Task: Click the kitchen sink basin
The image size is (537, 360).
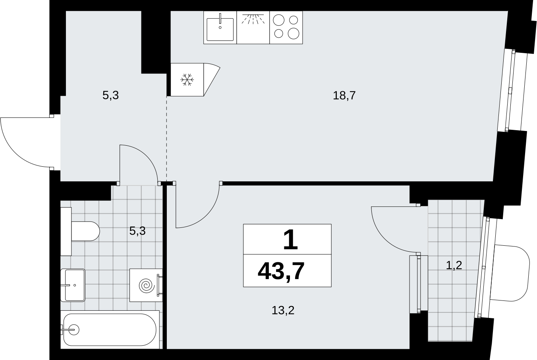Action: pos(220,29)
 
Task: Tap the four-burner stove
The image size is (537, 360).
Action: pos(286,27)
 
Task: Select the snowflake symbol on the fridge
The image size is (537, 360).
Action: pos(187,80)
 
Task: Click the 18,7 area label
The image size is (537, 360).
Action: pos(344,96)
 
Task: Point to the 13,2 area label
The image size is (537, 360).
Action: pos(283,310)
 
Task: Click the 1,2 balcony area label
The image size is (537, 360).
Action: pos(454,266)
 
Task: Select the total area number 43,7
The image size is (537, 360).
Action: pos(281,271)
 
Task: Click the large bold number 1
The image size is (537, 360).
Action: pos(291,239)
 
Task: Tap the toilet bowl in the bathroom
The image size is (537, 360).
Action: pos(85,231)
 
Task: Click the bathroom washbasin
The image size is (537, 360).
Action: pos(73,285)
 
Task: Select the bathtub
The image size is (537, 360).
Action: pos(110,329)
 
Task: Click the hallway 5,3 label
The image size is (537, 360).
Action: pos(110,95)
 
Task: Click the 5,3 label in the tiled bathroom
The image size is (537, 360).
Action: pos(137,231)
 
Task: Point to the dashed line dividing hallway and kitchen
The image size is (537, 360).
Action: pos(166,139)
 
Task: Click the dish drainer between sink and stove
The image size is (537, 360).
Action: pos(253,27)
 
